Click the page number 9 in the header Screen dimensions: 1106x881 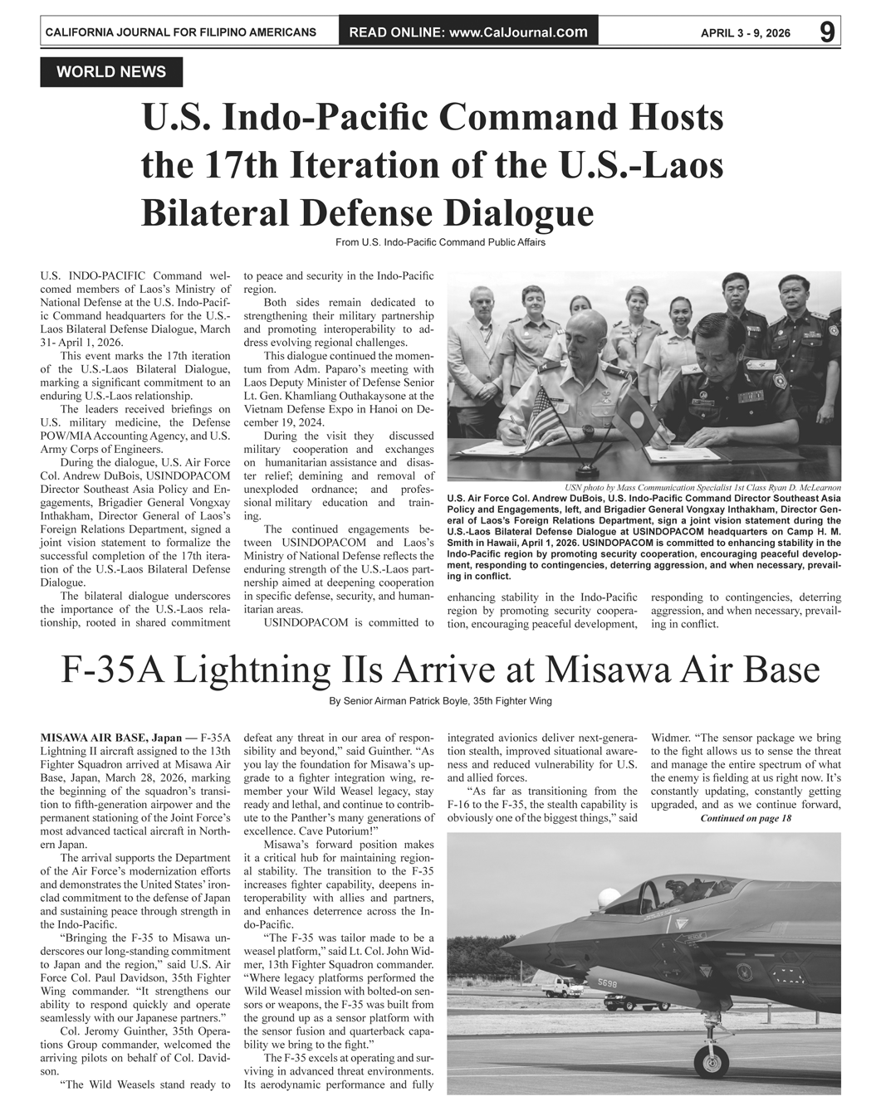pos(826,32)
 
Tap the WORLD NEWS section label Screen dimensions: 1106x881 pos(111,72)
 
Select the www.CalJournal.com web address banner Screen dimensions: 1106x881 pos(468,32)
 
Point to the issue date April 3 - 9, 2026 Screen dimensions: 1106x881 pos(745,33)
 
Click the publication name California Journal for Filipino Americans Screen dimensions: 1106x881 pos(180,32)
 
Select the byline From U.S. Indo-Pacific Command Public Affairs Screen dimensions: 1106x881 pos(440,242)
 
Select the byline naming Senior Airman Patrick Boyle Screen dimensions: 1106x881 pos(440,701)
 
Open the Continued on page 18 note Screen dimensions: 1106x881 pos(746,819)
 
